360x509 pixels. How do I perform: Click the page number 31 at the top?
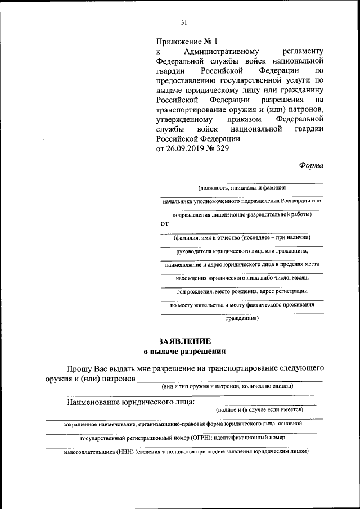[x=183, y=23]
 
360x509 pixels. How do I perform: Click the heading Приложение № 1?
[x=186, y=41]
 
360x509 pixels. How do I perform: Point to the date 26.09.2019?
[x=183, y=148]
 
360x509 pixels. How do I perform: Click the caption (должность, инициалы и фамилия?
[x=242, y=188]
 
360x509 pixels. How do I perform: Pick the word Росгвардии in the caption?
[x=296, y=201]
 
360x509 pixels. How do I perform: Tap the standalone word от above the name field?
[x=165, y=223]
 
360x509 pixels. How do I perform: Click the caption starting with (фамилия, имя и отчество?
[x=242, y=237]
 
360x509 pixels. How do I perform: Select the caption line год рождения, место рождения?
[x=242, y=291]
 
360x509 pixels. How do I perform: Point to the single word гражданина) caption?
[x=242, y=318]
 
